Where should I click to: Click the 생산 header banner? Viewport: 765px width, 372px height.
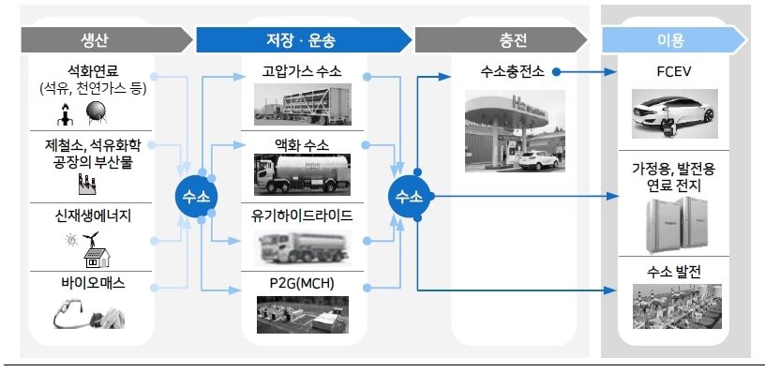click(x=95, y=39)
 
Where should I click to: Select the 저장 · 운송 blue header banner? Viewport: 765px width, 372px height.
click(x=302, y=39)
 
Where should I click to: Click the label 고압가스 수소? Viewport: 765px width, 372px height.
click(x=302, y=72)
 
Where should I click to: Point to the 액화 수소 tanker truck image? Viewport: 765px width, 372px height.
click(x=301, y=175)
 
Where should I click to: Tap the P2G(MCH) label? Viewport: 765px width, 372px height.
click(x=302, y=284)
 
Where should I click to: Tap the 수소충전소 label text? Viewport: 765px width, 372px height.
click(x=506, y=72)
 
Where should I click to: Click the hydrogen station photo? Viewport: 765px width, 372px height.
click(x=506, y=128)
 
